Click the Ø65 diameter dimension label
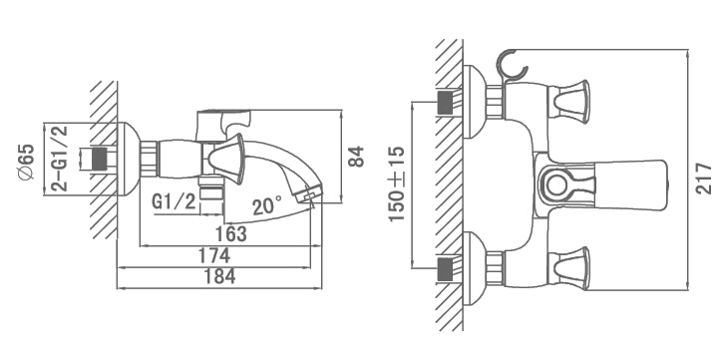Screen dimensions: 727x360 [27, 162]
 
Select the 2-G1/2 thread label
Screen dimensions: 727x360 [60, 159]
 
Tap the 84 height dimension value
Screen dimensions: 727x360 [356, 157]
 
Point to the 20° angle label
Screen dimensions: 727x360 [267, 204]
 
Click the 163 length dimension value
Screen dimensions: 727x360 [231, 233]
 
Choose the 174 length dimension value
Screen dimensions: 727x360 [214, 255]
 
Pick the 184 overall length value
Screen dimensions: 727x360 [219, 276]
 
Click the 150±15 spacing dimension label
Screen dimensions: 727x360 [397, 183]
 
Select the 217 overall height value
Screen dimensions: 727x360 [704, 179]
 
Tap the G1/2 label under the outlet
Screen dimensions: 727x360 [174, 201]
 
